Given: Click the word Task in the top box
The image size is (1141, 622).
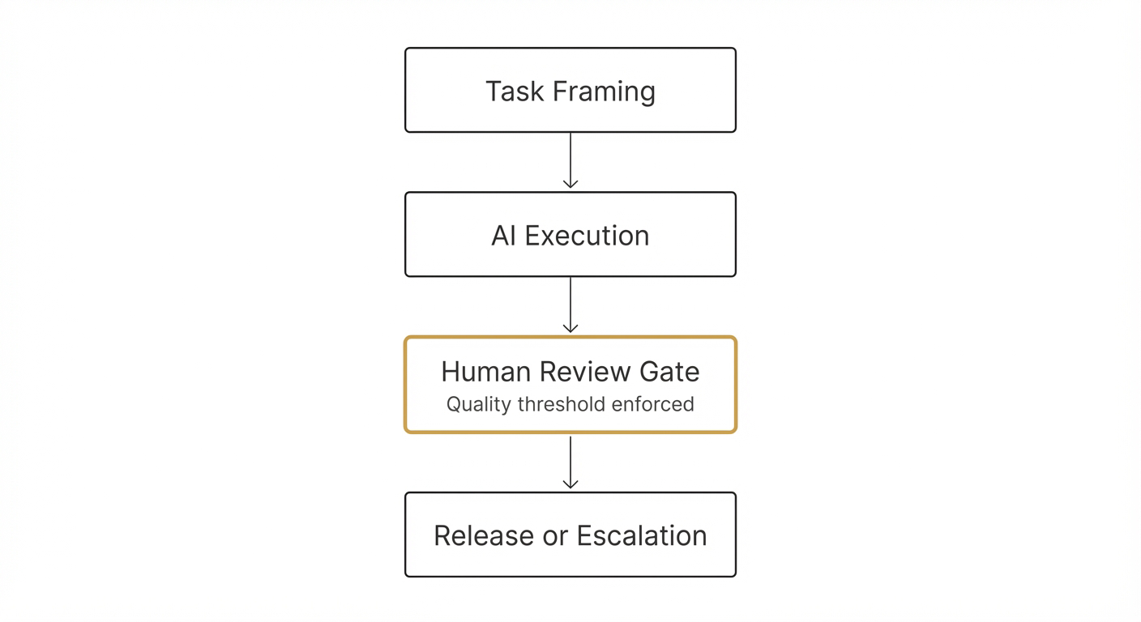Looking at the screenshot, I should (x=515, y=91).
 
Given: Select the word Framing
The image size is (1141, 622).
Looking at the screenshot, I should (x=603, y=92).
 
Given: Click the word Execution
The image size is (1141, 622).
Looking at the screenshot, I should (x=587, y=236).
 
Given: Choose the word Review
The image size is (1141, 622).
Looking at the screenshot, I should (x=586, y=372).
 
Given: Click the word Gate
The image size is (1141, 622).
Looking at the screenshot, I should (x=669, y=372).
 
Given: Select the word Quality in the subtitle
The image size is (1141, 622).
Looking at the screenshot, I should (x=474, y=404).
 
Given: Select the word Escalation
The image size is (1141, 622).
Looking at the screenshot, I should (x=642, y=535).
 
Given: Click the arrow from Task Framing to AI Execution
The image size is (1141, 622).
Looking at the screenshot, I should (x=570, y=160).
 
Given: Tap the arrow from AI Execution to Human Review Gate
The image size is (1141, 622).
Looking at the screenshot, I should (x=570, y=305).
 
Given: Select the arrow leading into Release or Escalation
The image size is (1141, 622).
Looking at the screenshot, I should (x=570, y=462).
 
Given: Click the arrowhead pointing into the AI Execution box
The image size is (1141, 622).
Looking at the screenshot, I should (x=570, y=184).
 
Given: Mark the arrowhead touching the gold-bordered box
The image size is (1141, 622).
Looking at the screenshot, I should (x=570, y=328).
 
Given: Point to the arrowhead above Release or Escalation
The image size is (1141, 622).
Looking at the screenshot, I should (x=570, y=484).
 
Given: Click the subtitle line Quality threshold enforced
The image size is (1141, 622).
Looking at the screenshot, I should (x=570, y=404).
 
